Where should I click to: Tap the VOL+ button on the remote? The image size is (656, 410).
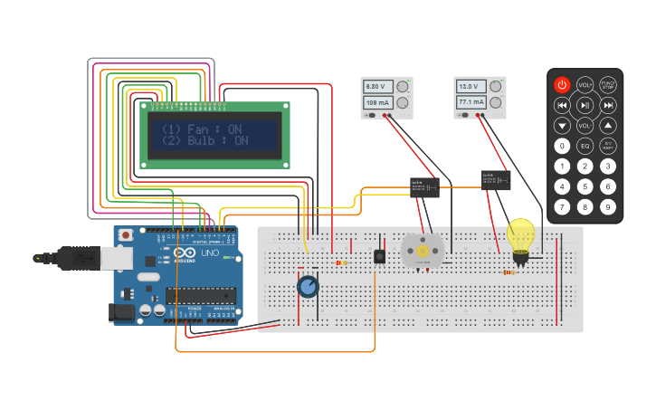pos(585,85)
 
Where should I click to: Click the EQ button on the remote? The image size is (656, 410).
pos(585,146)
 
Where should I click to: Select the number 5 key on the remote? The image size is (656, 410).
pos(585,186)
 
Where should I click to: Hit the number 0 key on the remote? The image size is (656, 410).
pos(562,146)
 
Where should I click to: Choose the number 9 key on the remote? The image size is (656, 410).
pos(608,207)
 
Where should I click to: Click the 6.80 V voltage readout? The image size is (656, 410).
pos(375,86)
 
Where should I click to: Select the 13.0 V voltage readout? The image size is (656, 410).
pos(467,86)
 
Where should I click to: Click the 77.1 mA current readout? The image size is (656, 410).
pos(470,103)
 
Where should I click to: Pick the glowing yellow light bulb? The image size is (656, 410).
pos(520,235)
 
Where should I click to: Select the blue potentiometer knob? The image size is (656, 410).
pos(308,287)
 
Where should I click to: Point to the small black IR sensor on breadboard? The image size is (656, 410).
pos(379,256)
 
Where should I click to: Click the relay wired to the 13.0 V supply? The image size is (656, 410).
pos(496,179)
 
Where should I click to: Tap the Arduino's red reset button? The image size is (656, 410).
pos(125,235)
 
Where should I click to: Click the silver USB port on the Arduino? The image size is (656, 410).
pos(90,258)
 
